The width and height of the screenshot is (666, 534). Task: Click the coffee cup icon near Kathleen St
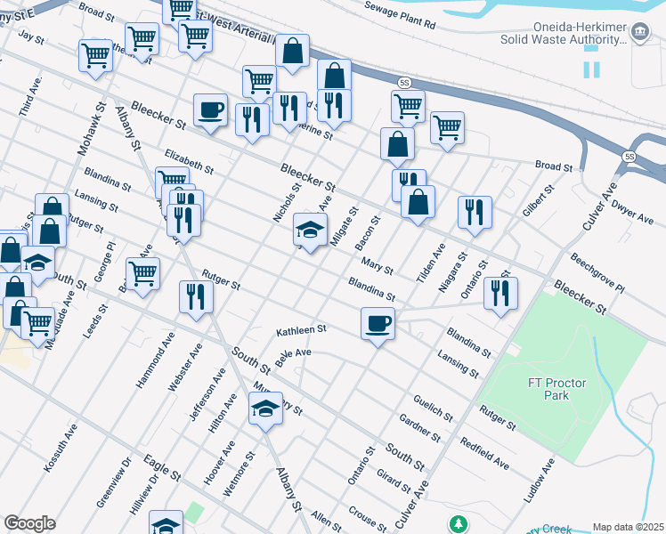(x=378, y=322)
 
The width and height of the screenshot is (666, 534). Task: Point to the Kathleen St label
(x=302, y=330)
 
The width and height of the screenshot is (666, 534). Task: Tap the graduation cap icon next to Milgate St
(x=310, y=231)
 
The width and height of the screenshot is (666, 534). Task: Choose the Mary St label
(x=378, y=264)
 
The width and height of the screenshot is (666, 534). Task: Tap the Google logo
(x=29, y=523)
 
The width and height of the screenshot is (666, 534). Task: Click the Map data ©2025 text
(x=628, y=527)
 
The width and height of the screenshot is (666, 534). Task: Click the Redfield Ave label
(x=484, y=453)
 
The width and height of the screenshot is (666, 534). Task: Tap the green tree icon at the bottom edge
(x=458, y=524)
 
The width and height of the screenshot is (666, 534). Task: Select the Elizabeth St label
(x=189, y=161)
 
